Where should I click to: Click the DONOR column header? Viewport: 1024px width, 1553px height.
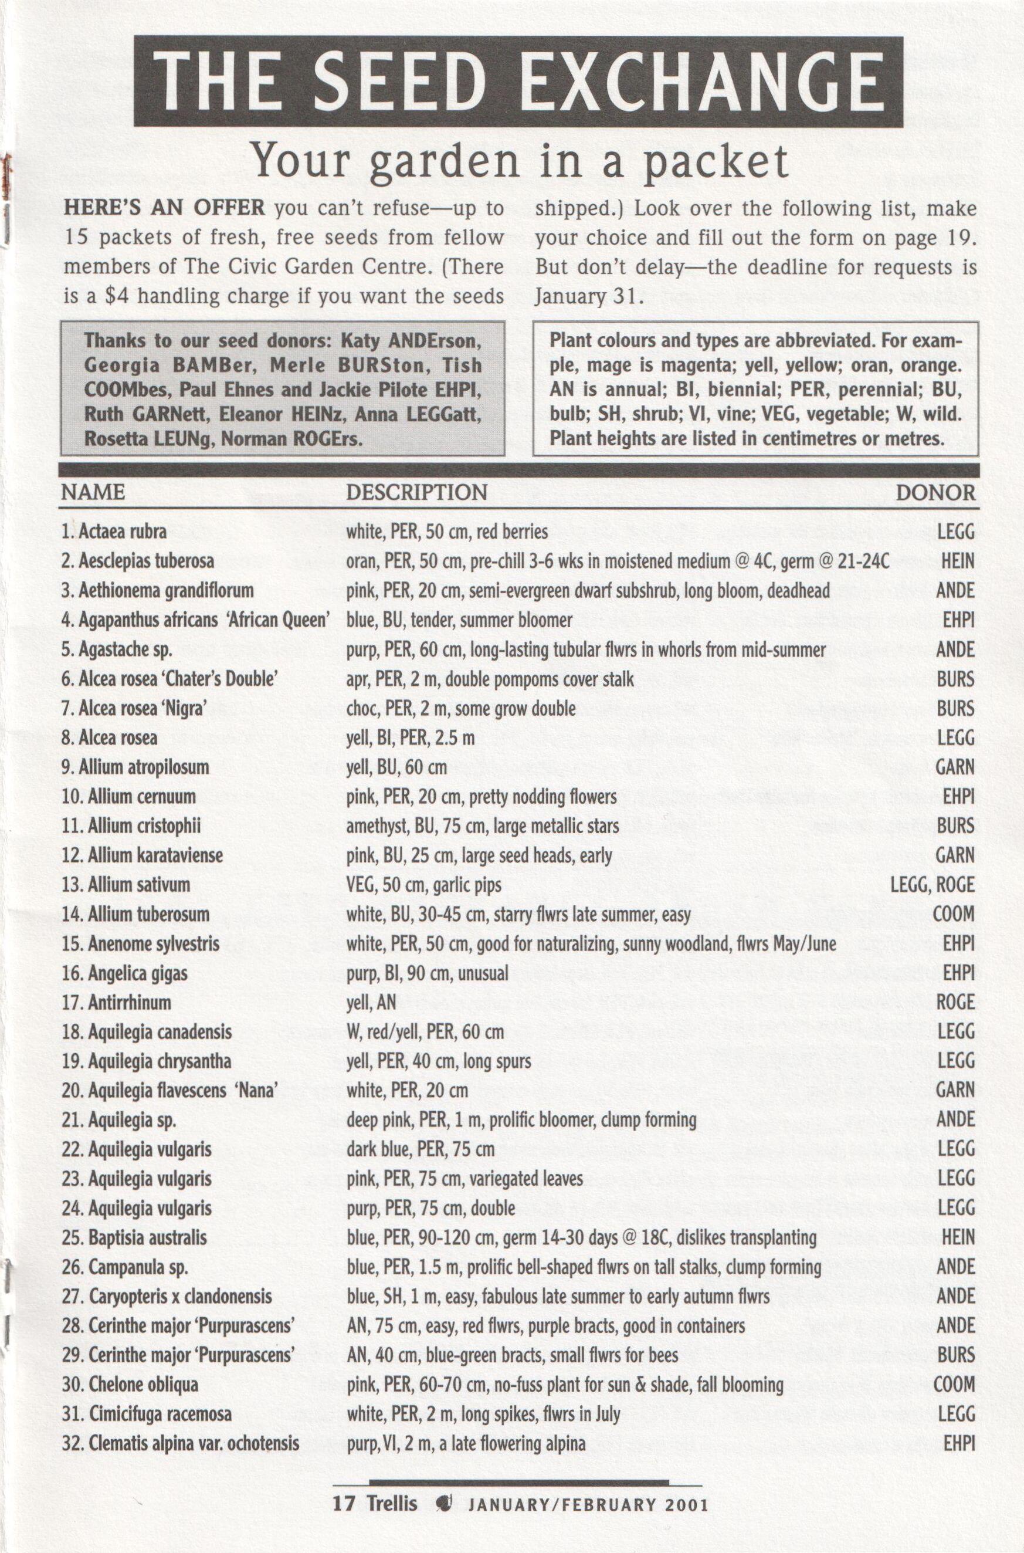(935, 492)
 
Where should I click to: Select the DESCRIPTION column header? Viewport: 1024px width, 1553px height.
(416, 492)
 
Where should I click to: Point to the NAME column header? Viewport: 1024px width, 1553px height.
(93, 492)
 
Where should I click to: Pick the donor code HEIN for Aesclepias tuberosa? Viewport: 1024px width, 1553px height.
(957, 560)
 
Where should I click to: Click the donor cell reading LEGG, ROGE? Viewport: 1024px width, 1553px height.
(932, 885)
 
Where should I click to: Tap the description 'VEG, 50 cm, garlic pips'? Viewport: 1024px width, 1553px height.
(424, 885)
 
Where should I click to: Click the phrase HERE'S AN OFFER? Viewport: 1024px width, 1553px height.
(164, 208)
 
